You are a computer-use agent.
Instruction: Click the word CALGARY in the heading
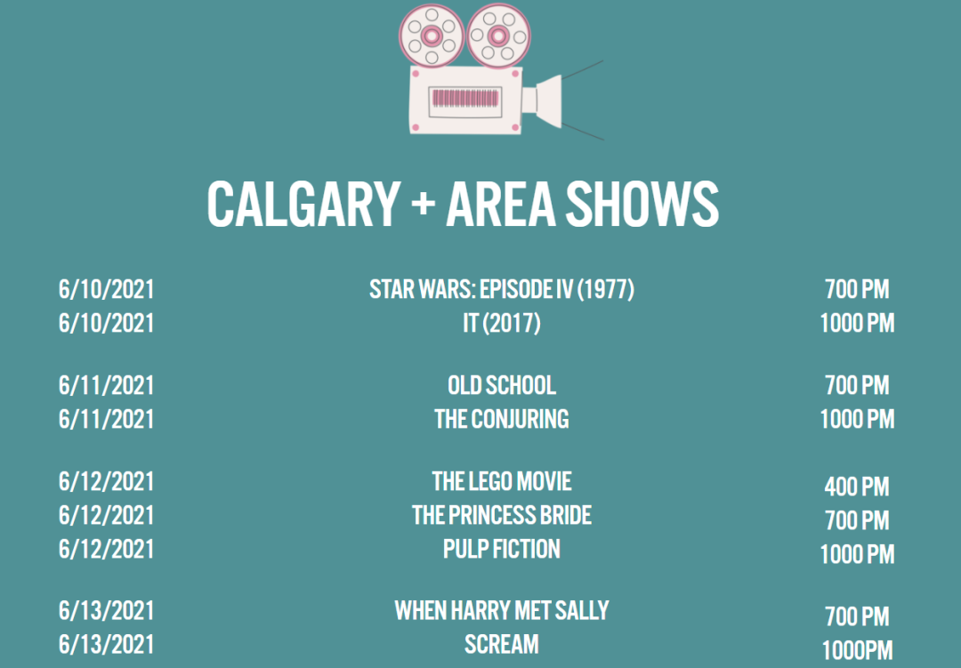[x=304, y=204]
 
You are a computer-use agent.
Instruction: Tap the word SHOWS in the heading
[x=642, y=204]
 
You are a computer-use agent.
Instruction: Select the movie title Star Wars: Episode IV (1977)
[x=502, y=289]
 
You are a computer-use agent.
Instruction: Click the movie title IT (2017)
[x=502, y=323]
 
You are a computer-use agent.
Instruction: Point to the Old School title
[x=502, y=385]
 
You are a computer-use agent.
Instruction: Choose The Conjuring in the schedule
[x=502, y=419]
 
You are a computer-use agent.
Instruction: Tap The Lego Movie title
[x=502, y=482]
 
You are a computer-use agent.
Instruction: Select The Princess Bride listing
[x=502, y=515]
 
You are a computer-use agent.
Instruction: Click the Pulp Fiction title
[x=502, y=549]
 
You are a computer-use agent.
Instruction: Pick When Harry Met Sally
[x=502, y=610]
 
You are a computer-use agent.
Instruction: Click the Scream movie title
[x=502, y=644]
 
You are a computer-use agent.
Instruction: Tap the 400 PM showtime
[x=857, y=487]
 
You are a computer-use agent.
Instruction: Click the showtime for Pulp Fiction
[x=857, y=554]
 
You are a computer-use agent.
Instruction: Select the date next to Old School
[x=106, y=385]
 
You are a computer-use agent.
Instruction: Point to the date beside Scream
[x=106, y=644]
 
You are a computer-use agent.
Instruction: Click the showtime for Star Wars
[x=857, y=289]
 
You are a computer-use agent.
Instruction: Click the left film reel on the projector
[x=432, y=36]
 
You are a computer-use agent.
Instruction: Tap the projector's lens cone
[x=549, y=101]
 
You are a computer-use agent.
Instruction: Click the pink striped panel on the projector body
[x=465, y=98]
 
